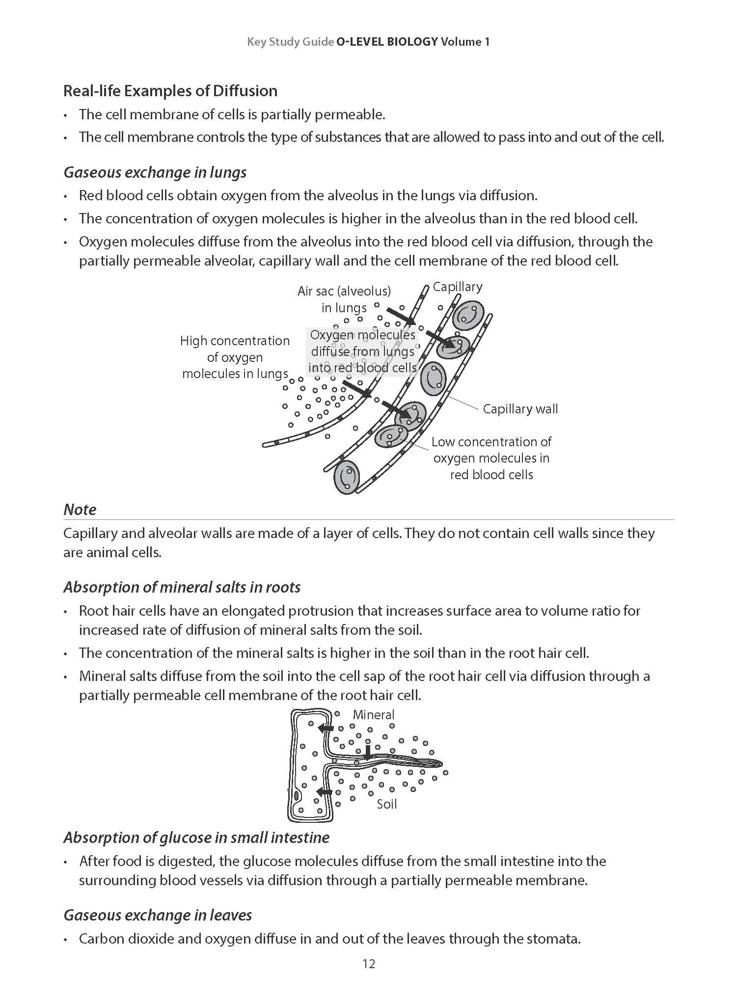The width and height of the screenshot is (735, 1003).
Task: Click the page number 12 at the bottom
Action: [x=369, y=964]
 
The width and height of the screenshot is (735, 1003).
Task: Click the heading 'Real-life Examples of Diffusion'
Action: [x=170, y=91]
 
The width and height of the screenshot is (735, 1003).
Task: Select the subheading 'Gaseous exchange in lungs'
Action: [x=155, y=172]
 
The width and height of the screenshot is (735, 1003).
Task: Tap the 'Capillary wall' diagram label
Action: [x=520, y=409]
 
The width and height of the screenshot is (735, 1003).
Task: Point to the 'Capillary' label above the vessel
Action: [x=457, y=287]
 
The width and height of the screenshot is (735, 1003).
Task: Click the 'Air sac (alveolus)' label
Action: [x=344, y=291]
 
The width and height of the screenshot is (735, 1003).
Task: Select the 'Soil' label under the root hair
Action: [x=386, y=804]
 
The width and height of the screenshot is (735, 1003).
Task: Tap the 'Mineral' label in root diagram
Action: [x=373, y=715]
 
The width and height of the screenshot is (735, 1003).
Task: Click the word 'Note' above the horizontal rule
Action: [x=80, y=510]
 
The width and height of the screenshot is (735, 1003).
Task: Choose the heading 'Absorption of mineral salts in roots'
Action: [x=182, y=587]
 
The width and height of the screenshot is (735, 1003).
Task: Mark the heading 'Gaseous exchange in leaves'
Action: [x=158, y=915]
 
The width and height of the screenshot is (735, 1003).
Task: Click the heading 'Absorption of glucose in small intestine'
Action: [x=196, y=838]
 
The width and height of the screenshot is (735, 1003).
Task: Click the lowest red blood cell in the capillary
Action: [x=347, y=477]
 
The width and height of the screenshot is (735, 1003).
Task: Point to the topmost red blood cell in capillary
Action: [x=467, y=315]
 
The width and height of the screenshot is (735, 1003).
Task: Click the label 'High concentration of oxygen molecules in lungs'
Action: [x=235, y=357]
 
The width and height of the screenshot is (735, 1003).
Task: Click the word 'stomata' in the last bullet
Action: [x=553, y=939]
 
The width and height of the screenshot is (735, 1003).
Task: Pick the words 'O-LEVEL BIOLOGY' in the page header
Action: [x=386, y=42]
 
